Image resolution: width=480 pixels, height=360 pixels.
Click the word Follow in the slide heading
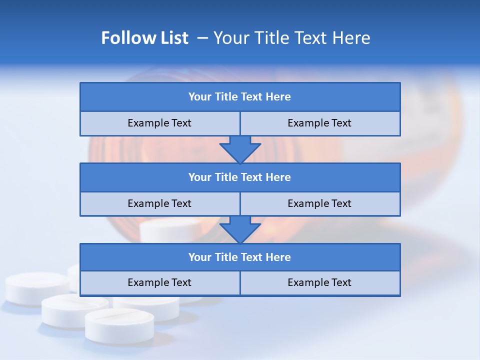(126, 38)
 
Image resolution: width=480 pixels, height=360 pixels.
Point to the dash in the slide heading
(202, 38)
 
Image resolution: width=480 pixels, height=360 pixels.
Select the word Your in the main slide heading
(230, 38)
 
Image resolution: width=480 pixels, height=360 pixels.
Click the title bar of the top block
(240, 97)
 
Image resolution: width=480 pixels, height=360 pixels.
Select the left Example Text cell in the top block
(159, 123)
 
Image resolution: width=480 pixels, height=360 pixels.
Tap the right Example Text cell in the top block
(319, 123)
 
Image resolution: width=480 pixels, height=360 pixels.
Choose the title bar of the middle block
(240, 177)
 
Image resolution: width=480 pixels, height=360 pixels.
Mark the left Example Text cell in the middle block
(159, 203)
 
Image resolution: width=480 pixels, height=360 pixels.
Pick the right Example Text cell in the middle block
(319, 203)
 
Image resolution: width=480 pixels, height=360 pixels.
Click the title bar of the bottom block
(240, 257)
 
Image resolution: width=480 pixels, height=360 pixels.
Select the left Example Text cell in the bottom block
(159, 282)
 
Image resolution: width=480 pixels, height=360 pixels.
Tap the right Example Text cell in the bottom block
(319, 282)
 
